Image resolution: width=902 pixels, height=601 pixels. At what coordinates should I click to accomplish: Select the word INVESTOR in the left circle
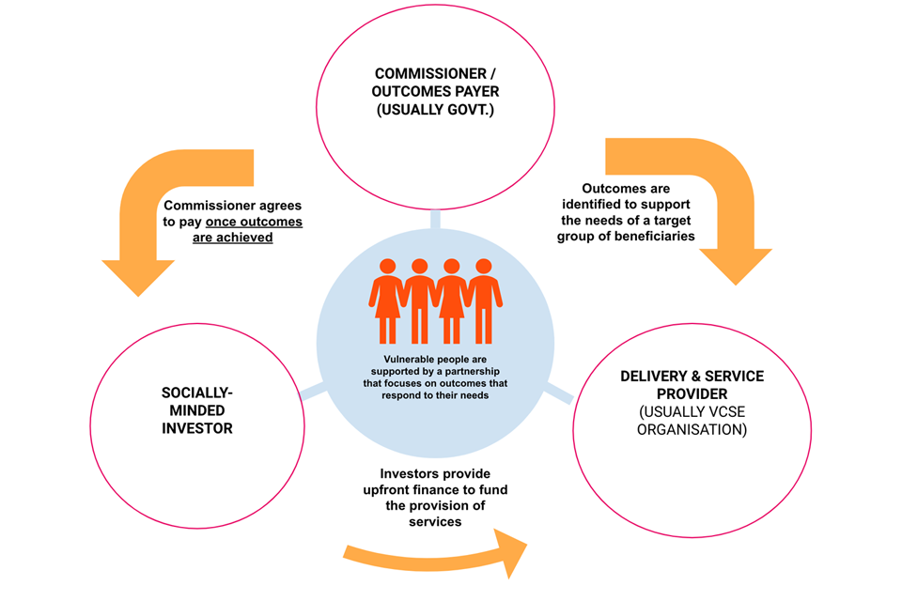pos(197,428)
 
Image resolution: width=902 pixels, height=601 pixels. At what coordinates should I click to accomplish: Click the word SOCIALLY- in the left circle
pos(197,393)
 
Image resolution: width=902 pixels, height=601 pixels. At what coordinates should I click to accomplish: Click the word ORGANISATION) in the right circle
pos(692,430)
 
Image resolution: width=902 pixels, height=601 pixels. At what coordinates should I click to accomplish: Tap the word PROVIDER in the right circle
pos(692,394)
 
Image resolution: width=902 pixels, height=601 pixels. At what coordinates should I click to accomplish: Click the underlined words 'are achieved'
pos(233,239)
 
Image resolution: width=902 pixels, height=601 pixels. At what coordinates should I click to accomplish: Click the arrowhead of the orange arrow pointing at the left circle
pos(139,275)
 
